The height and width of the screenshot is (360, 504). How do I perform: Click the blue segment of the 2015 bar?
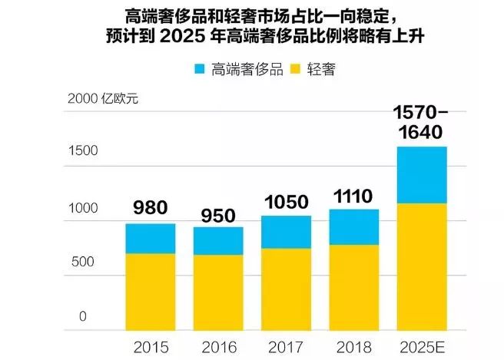tap(151, 239)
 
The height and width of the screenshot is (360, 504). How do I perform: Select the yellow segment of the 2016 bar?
tap(218, 292)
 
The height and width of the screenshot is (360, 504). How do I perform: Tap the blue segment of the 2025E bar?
tap(421, 175)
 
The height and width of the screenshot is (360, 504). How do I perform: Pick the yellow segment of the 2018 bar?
tap(353, 287)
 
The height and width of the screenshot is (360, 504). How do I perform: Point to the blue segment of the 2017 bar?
tap(285, 233)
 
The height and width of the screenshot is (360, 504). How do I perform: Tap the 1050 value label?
tap(285, 201)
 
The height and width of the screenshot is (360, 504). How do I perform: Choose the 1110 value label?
tap(353, 196)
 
